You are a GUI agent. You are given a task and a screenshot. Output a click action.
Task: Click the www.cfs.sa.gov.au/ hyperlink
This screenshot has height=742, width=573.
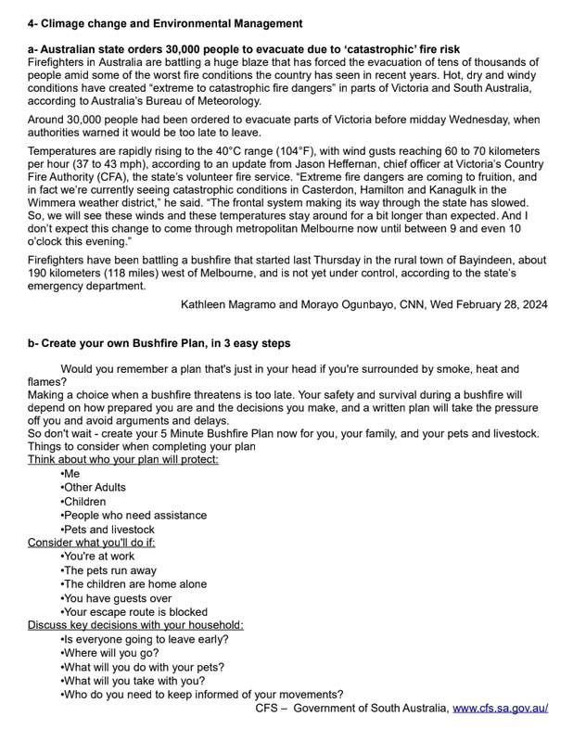(500, 709)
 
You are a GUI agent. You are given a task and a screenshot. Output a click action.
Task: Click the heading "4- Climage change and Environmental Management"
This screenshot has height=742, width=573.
(164, 22)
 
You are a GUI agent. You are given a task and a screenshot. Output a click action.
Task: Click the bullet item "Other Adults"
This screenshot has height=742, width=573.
(94, 487)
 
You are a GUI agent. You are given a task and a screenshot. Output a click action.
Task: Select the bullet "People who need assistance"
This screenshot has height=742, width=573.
(134, 515)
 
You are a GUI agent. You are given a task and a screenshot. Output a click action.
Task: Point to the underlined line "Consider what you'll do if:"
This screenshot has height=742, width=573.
(92, 543)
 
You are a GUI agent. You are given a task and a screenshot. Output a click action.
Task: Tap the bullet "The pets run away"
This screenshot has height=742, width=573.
(108, 570)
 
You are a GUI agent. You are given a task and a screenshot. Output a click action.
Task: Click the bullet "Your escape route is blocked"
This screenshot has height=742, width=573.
(134, 612)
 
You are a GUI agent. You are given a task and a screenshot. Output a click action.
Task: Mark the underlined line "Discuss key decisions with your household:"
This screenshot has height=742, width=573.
(135, 625)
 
